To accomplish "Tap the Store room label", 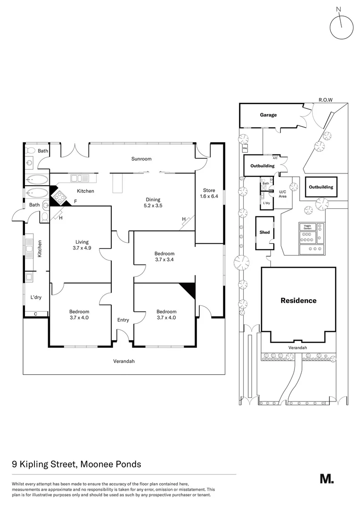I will [209, 193].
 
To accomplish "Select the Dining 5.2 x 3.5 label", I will [153, 202].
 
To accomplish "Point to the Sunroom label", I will [141, 159].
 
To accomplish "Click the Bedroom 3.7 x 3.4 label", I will [164, 256].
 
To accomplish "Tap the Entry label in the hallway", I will [123, 320].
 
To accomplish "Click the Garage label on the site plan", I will [268, 115].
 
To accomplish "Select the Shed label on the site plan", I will [264, 232].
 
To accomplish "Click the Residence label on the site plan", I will [298, 300].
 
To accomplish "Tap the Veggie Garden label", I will [308, 227].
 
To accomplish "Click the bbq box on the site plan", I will [245, 148].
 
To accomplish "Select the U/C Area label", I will [283, 194].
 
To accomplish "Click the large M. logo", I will [327, 479].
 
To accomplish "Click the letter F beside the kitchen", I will [75, 202].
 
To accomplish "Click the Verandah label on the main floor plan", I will [123, 361].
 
